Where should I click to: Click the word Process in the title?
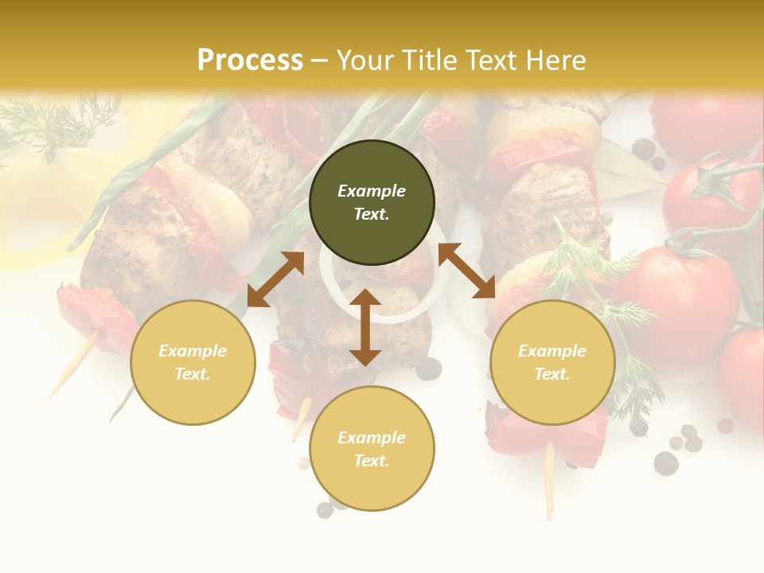pyautogui.click(x=250, y=60)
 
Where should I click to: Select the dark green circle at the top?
pyautogui.click(x=372, y=203)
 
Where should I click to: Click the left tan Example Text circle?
pyautogui.click(x=193, y=362)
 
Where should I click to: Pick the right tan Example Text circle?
pyautogui.click(x=552, y=362)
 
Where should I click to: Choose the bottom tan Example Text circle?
pyautogui.click(x=372, y=449)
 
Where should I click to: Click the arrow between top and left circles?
pyautogui.click(x=275, y=279)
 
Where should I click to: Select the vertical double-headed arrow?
pyautogui.click(x=365, y=327)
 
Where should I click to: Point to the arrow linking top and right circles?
pyautogui.click(x=466, y=271)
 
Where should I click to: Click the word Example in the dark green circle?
pyautogui.click(x=372, y=191)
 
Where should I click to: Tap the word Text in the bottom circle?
pyautogui.click(x=372, y=462)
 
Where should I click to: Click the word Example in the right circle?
pyautogui.click(x=552, y=351)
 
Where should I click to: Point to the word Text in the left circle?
pyautogui.click(x=193, y=375)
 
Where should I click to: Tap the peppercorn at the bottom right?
pyautogui.click(x=665, y=462)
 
